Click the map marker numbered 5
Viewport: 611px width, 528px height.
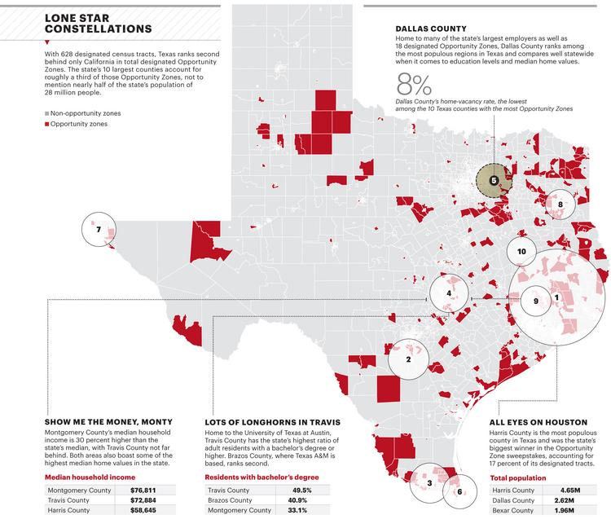(494, 179)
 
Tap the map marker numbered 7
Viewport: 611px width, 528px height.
(99, 230)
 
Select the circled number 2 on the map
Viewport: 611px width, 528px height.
(407, 359)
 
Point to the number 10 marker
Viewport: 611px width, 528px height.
(521, 252)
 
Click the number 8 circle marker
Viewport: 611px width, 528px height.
(560, 204)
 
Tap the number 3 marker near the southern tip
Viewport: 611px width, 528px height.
(429, 483)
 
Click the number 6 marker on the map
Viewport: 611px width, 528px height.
(459, 491)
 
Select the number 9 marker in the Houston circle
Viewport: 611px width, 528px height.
(535, 301)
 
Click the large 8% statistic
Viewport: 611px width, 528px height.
(414, 85)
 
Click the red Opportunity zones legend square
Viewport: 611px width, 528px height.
(46, 124)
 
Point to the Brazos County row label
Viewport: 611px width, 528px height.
(231, 500)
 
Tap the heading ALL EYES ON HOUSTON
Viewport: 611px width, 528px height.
(538, 422)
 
